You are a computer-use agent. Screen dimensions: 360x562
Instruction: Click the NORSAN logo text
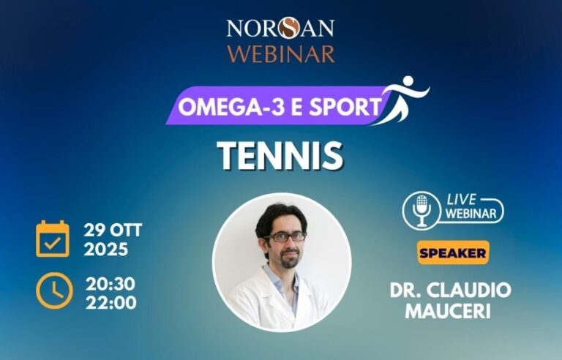point(280,28)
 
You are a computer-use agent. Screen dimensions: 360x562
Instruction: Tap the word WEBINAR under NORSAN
point(281,53)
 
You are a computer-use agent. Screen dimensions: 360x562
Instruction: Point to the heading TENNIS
point(280,154)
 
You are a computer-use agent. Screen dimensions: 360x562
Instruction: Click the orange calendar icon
point(53,239)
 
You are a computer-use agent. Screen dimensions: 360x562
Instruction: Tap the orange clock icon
point(53,291)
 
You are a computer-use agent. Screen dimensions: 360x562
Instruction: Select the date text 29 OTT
point(113,231)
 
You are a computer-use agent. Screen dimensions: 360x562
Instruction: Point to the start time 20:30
point(110,283)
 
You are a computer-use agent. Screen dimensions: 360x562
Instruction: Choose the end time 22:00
point(110,301)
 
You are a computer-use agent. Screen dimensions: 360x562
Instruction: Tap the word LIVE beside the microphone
point(462,199)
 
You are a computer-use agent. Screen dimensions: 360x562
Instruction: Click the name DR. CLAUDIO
point(451,290)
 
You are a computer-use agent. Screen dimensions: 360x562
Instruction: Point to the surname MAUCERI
point(451,310)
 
